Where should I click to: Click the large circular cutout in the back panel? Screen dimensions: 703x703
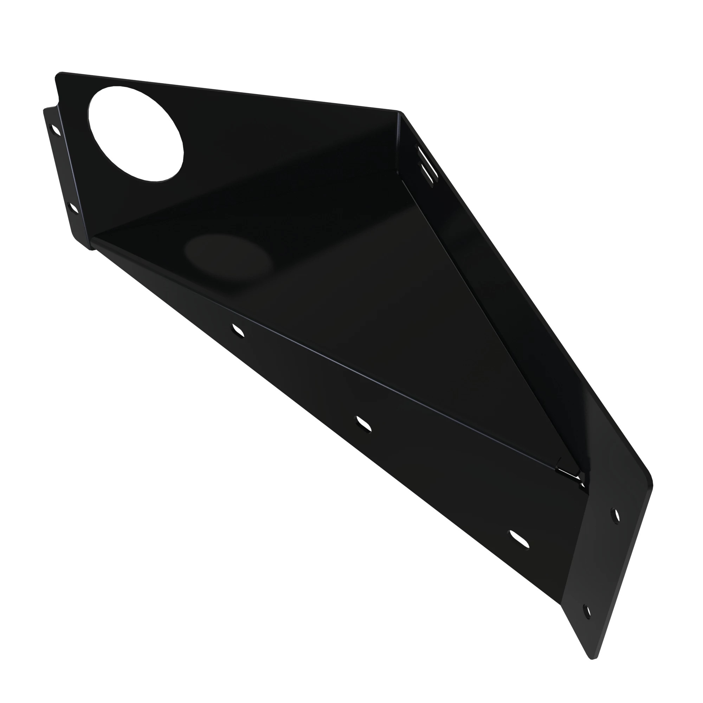(x=136, y=133)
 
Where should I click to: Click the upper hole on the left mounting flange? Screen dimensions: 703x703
(x=55, y=130)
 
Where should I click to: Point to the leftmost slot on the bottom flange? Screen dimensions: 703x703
(x=238, y=330)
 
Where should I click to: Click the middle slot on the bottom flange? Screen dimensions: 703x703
(x=363, y=424)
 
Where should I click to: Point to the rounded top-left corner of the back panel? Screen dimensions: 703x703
(x=58, y=75)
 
